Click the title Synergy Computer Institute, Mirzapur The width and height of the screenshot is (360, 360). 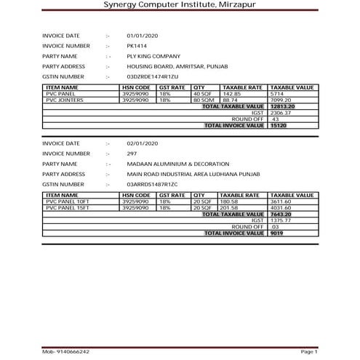180,7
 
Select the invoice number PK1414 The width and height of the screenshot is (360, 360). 135,45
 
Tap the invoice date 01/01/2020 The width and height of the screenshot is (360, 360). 142,35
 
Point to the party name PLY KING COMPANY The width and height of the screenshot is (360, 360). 153,55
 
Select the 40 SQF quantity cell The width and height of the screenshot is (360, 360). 201,94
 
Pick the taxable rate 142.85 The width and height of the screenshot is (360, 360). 232,94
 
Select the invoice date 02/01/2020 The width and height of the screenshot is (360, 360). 142,144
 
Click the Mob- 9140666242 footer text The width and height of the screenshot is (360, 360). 65,351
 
